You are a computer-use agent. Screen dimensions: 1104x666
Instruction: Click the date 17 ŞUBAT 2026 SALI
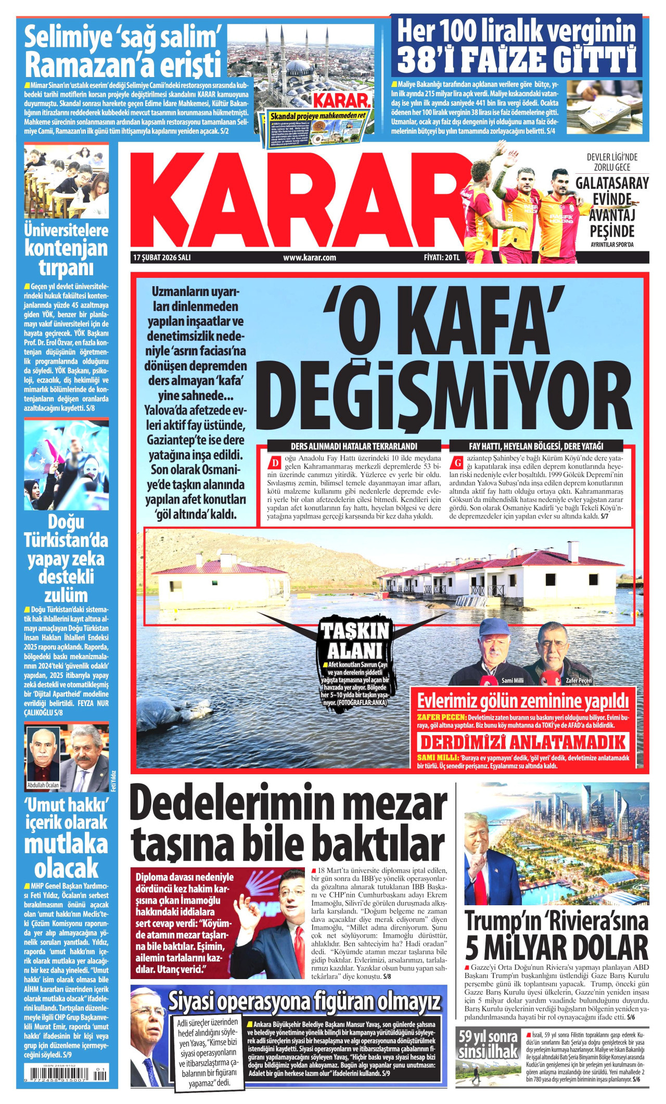[162, 258]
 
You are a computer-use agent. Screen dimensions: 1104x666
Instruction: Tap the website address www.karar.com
[309, 258]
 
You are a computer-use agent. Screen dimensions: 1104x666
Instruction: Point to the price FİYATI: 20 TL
[442, 258]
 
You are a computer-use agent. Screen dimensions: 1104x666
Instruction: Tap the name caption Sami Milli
[512, 681]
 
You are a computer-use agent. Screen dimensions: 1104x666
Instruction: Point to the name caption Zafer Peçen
[579, 681]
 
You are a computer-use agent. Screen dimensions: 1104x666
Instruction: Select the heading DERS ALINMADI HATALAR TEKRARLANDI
[354, 446]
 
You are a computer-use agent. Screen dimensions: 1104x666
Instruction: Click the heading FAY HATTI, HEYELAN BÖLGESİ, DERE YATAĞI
[536, 446]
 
